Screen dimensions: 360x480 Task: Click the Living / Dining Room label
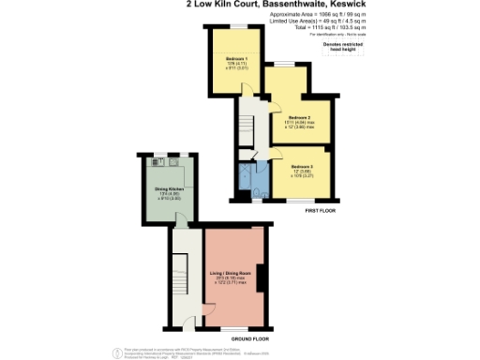(230, 273)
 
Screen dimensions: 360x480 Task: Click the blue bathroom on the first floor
(253, 178)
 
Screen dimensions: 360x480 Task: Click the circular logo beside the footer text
(117, 352)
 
